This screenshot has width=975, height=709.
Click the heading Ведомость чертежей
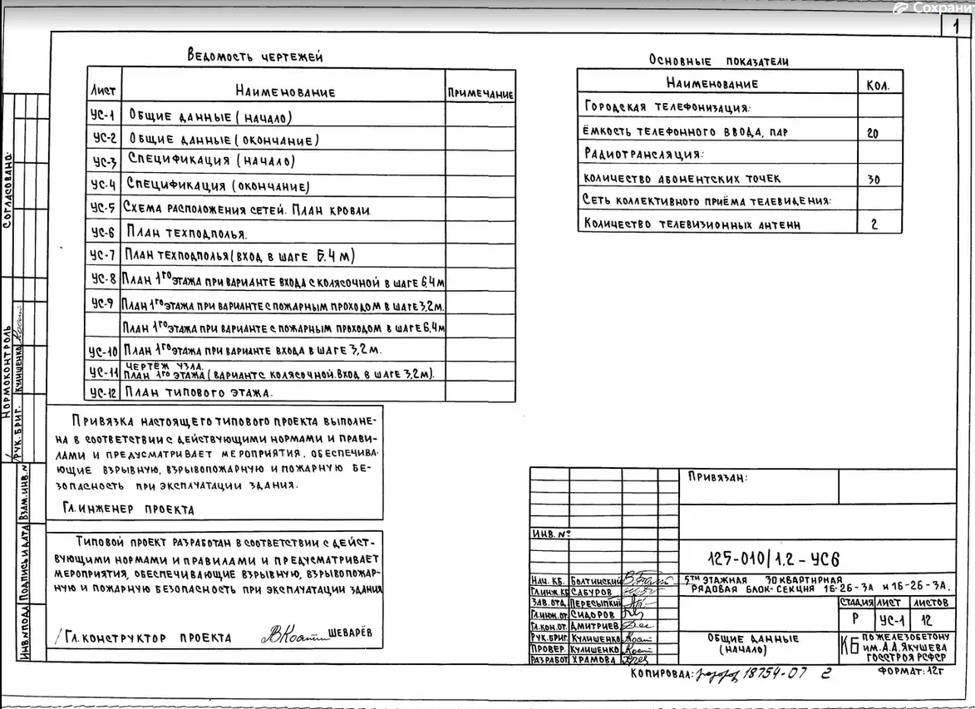[x=255, y=57]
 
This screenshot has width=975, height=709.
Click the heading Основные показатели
[x=719, y=61]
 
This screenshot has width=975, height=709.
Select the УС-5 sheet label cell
[x=102, y=209]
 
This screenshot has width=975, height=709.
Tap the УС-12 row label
[x=102, y=392]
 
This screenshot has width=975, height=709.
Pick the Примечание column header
[x=480, y=95]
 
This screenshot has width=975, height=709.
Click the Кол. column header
[x=878, y=85]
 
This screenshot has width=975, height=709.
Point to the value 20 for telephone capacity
[x=872, y=133]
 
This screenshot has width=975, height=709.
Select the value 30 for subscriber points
[x=874, y=179]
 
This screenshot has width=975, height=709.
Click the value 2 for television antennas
[x=874, y=224]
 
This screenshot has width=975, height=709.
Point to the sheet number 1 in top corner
[x=956, y=26]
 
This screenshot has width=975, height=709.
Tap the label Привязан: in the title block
[x=717, y=478]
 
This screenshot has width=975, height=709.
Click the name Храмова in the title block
[x=596, y=658]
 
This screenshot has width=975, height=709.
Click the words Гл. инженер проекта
[x=129, y=510]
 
